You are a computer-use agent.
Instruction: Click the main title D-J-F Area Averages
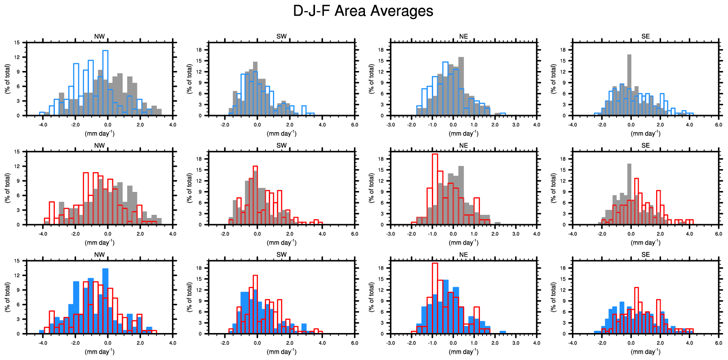pos(363,11)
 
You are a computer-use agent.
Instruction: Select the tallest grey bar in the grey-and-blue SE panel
pos(629,85)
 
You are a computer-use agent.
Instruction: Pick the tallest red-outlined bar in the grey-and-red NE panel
pos(435,189)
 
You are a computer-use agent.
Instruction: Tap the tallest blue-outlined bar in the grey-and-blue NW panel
pos(105,83)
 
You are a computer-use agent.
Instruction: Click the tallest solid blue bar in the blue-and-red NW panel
pos(105,301)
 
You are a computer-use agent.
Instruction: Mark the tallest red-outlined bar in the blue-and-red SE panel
pos(636,310)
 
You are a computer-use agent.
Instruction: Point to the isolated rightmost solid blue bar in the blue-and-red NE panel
pos(503,332)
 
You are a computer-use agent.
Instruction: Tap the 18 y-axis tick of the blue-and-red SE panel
pos(563,268)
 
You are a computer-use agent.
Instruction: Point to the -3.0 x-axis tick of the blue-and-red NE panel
pos(391,343)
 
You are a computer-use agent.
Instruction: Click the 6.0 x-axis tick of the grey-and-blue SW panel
pos(355,124)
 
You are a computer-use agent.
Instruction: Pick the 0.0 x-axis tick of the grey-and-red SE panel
pos(631,234)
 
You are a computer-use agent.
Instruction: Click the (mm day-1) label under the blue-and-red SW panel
pos(281,351)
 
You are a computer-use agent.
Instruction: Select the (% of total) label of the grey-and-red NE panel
pos(372,188)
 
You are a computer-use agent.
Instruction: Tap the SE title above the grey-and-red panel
pos(645,146)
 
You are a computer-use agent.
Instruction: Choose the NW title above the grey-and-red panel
pos(99,146)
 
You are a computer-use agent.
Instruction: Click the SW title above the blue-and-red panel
pos(281,255)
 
